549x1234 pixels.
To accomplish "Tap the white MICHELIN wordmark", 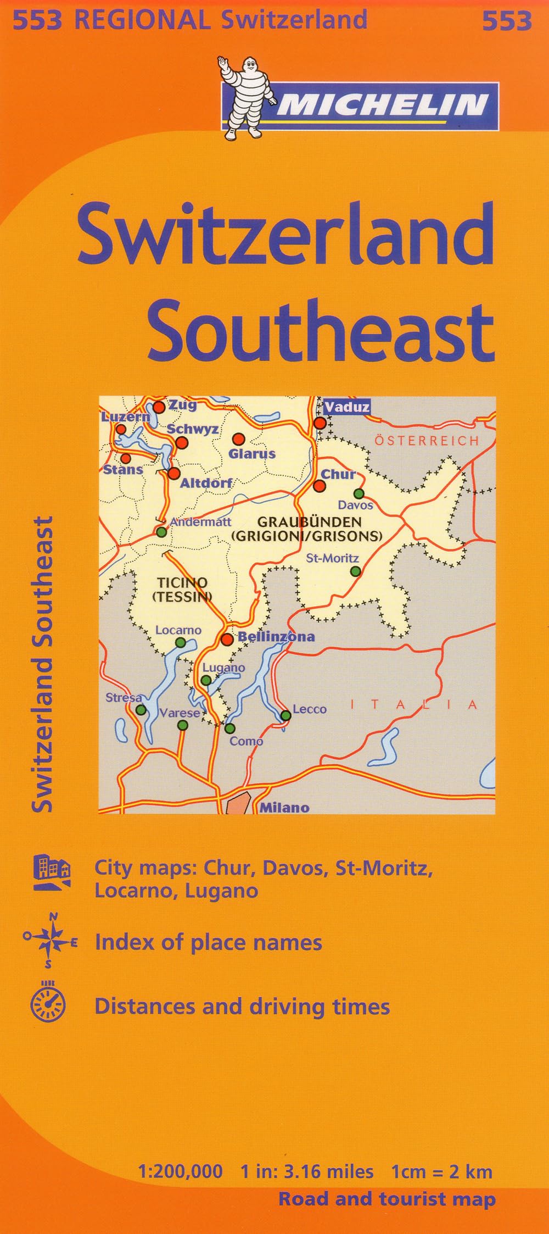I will coord(382,104).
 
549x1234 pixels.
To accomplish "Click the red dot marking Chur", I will coord(319,486).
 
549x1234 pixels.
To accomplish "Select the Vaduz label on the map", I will coord(346,407).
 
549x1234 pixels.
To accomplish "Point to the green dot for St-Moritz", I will coord(356,571).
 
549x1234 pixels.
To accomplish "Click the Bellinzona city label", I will coord(276,637).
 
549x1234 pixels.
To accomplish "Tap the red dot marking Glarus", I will coord(238,439).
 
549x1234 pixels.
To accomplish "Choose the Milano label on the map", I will coord(284,807).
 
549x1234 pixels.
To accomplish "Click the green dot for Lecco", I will coord(286,715).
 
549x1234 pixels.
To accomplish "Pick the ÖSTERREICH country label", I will coord(427,441).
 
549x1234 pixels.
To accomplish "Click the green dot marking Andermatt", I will coord(161,532).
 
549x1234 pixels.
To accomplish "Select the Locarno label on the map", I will coord(178,630).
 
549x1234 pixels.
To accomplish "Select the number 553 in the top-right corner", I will coord(507,21).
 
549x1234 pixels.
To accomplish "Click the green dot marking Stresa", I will coord(141,710).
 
